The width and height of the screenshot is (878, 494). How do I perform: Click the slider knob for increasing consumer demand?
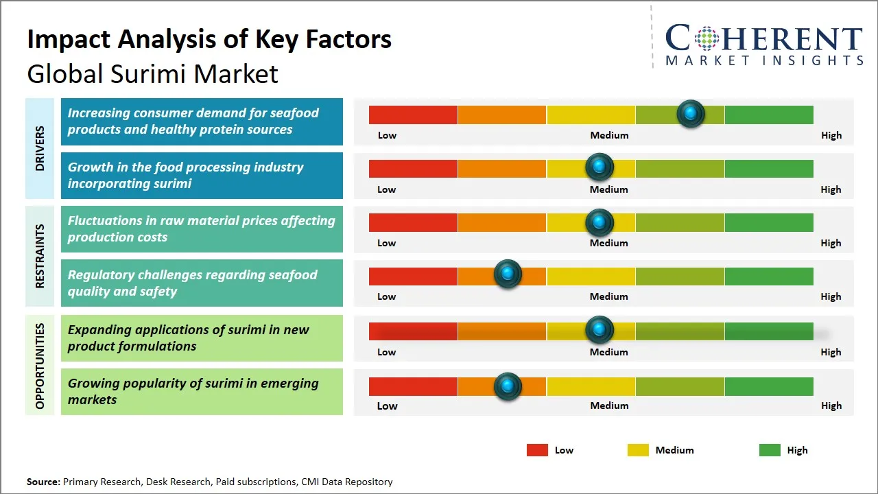click(691, 113)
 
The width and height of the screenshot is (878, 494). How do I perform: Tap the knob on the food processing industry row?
click(600, 167)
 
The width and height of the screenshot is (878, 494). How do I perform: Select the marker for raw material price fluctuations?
click(600, 222)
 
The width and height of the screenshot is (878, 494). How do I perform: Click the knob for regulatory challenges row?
click(508, 274)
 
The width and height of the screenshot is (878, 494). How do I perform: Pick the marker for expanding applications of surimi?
click(600, 330)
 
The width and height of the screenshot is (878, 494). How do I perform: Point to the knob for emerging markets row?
click(508, 386)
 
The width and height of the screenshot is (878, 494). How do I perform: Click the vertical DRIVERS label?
click(40, 148)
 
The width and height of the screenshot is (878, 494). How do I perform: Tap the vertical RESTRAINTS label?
click(40, 256)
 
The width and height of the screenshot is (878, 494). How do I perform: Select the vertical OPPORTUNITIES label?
click(40, 366)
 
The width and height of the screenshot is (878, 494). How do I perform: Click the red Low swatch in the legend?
click(537, 450)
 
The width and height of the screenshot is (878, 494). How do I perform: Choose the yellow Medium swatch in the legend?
click(638, 450)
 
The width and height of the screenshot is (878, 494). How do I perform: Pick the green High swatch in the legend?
click(770, 450)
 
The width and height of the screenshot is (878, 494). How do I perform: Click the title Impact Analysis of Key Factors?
click(209, 40)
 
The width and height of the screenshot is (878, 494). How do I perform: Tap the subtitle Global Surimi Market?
click(152, 74)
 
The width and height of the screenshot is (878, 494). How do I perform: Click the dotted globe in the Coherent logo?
click(706, 38)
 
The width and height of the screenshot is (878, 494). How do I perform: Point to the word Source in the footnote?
click(43, 482)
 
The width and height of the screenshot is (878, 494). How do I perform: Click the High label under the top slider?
click(831, 135)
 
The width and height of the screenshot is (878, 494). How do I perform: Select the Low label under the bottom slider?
click(387, 405)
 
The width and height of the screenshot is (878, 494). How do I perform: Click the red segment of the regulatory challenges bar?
click(413, 276)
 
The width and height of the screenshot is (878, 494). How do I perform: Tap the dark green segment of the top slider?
click(768, 115)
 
